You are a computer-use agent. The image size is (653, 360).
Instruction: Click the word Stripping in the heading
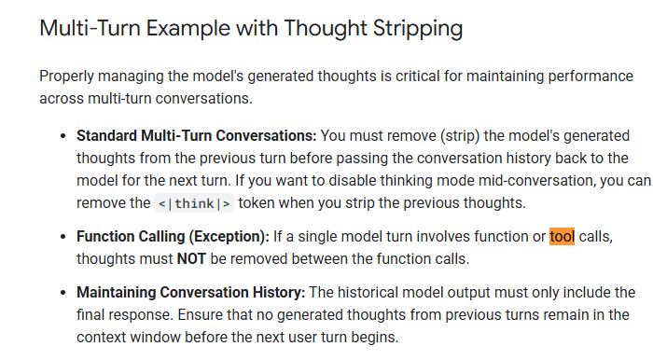point(418,29)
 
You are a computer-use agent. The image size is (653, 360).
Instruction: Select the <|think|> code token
point(194,203)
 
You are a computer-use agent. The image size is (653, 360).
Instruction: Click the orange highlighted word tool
point(562,236)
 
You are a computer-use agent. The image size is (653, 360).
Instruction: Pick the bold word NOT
point(191,259)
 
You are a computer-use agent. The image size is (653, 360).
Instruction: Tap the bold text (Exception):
point(229,237)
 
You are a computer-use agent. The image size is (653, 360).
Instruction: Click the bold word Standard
point(106,136)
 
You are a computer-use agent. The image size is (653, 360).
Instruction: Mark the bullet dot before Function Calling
point(63,237)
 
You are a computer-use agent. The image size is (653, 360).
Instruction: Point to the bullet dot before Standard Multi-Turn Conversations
point(63,136)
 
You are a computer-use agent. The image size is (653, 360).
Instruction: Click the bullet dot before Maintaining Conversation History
point(63,293)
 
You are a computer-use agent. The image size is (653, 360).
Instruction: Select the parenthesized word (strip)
point(460,136)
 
